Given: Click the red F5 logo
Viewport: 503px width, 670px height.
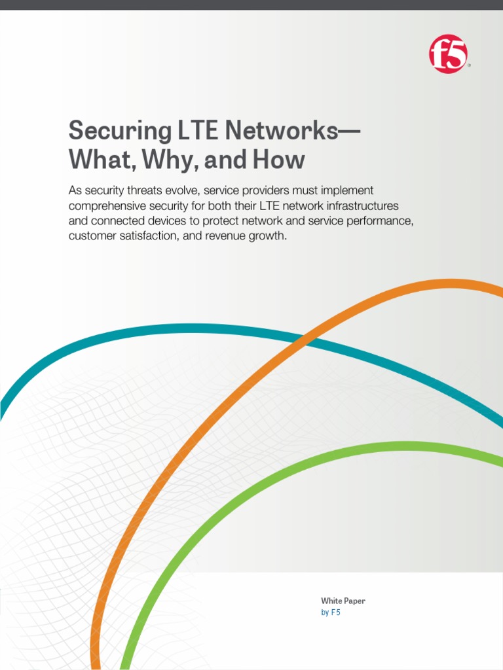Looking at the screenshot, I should tap(449, 54).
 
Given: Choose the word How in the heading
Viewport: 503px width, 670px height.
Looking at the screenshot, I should tap(281, 160).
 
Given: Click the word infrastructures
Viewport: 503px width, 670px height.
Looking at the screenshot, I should tap(354, 205).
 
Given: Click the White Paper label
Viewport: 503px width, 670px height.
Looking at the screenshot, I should tap(343, 601).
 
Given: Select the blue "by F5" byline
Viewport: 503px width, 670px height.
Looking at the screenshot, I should tap(331, 613).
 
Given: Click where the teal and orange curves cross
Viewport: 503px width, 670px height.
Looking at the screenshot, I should tap(308, 339).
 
